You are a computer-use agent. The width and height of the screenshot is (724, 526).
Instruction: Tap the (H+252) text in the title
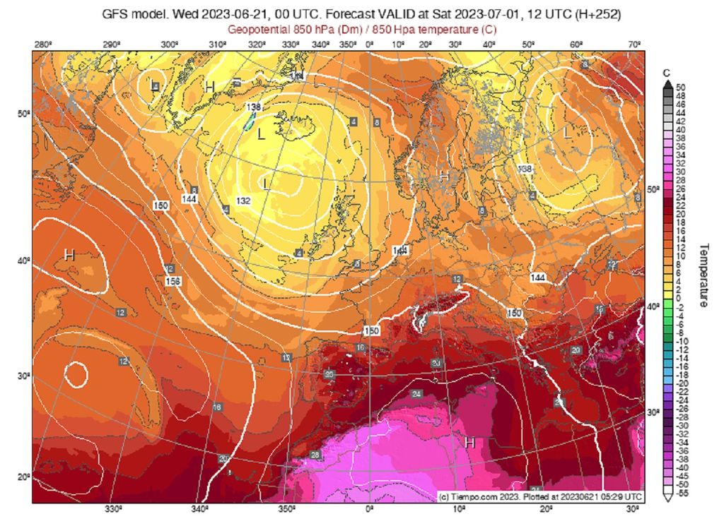coord(597,13)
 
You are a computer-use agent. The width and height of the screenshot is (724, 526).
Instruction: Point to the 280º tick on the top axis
coord(42,45)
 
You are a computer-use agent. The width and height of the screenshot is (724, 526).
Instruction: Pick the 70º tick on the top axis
coord(635,45)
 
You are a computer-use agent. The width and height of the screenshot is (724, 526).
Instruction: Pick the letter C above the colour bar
coord(667,73)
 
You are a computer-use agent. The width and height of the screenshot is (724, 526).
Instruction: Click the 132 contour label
coord(243,201)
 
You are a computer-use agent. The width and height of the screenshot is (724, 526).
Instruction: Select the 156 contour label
coord(172,281)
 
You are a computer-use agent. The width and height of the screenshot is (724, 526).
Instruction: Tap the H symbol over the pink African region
coord(469,443)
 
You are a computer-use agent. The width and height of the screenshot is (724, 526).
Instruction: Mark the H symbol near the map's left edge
coord(69,255)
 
